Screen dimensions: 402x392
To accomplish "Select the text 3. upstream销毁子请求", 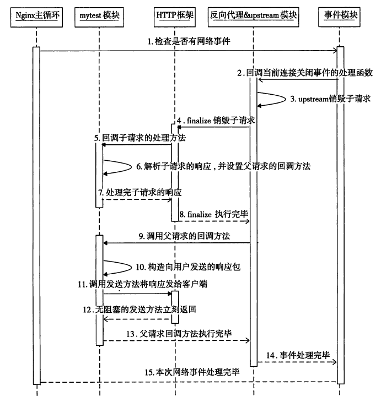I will pos(330,99).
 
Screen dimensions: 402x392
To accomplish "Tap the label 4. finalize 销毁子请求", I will pos(214,121).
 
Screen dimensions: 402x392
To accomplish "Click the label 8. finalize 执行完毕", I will pos(212,213).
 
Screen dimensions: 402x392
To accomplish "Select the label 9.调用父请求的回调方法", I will pos(185,236).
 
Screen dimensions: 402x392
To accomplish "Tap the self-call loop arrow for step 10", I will pos(116,267).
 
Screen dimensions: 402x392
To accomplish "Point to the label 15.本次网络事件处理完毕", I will pos(192,373).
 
